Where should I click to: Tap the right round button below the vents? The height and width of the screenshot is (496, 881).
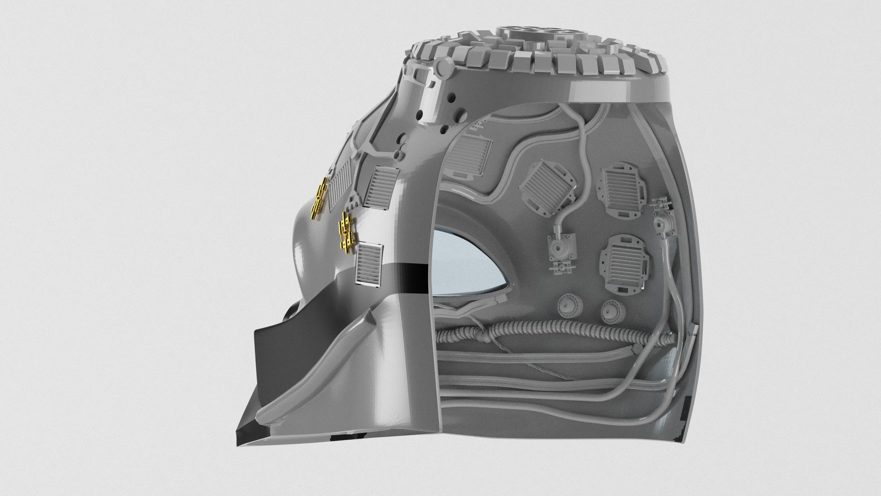pyautogui.click(x=612, y=312)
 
